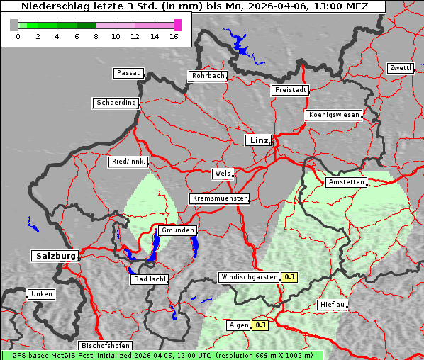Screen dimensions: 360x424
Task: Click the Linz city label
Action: [x=258, y=140]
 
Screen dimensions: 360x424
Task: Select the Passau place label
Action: [x=128, y=73]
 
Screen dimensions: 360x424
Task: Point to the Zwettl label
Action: [x=400, y=68]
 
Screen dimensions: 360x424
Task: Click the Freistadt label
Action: [x=290, y=90]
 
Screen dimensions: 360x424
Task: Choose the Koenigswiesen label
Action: [x=334, y=115]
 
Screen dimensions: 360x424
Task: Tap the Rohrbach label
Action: [x=207, y=76]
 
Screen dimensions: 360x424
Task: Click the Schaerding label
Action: [x=116, y=103]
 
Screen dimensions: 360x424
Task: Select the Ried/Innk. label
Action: [x=128, y=162]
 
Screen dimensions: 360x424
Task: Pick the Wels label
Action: [x=222, y=174]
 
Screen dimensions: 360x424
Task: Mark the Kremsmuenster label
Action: [x=219, y=198]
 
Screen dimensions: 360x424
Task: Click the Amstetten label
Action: [x=346, y=182]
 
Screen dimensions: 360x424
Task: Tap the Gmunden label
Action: [x=177, y=230]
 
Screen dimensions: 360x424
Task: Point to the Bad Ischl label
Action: [x=150, y=279]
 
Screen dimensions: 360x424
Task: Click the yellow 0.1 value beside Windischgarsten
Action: [x=289, y=277]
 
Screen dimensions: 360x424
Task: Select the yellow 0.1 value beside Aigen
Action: [x=261, y=325]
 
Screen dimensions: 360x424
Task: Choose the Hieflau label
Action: [x=333, y=305]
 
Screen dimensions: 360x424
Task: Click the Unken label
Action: [x=41, y=294]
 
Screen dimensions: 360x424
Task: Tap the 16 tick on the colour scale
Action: [x=174, y=36]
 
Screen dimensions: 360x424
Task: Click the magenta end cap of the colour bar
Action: [x=177, y=25]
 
